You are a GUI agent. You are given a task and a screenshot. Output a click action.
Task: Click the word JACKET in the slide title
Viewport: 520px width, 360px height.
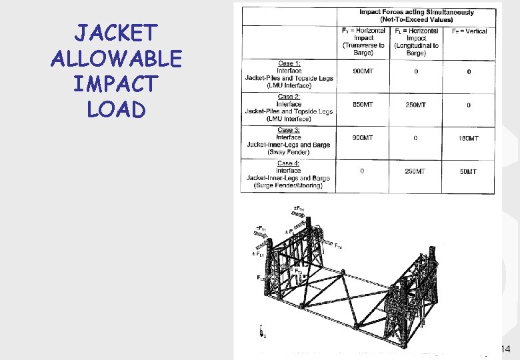point(116,33)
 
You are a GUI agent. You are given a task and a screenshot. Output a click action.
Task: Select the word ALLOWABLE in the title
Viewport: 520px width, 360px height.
point(116,59)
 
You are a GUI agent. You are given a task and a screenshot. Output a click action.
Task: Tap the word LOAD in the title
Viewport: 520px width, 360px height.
point(116,109)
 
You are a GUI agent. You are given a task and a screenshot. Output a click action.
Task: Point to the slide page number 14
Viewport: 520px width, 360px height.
point(504,349)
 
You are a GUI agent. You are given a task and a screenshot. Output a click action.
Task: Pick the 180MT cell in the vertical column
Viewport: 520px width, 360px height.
point(469,138)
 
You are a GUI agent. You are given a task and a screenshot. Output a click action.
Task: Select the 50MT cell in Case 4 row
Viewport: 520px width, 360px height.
point(469,171)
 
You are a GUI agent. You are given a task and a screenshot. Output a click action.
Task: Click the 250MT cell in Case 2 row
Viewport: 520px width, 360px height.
point(415,105)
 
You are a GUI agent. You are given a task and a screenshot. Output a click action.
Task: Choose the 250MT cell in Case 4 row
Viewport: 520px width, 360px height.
point(415,171)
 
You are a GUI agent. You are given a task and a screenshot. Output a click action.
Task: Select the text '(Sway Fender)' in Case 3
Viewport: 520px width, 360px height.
point(289,152)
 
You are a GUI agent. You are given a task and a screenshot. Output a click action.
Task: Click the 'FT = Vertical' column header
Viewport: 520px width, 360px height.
point(469,31)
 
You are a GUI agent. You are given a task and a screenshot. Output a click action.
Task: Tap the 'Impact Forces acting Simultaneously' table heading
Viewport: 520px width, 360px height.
point(416,12)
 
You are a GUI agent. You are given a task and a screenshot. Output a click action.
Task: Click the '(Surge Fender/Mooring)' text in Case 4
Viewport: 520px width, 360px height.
point(289,185)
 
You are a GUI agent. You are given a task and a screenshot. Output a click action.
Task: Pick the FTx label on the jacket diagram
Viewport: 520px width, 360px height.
point(338,247)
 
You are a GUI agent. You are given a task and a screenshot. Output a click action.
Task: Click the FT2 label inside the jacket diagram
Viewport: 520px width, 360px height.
point(299,272)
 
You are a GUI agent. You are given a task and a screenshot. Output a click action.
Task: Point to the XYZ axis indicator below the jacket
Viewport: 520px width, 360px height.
point(262,331)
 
